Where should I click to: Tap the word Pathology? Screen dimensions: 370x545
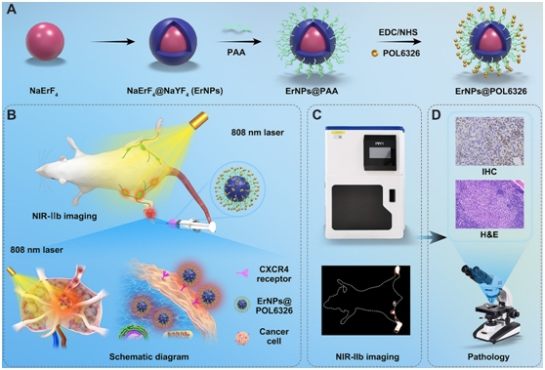[485, 358]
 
